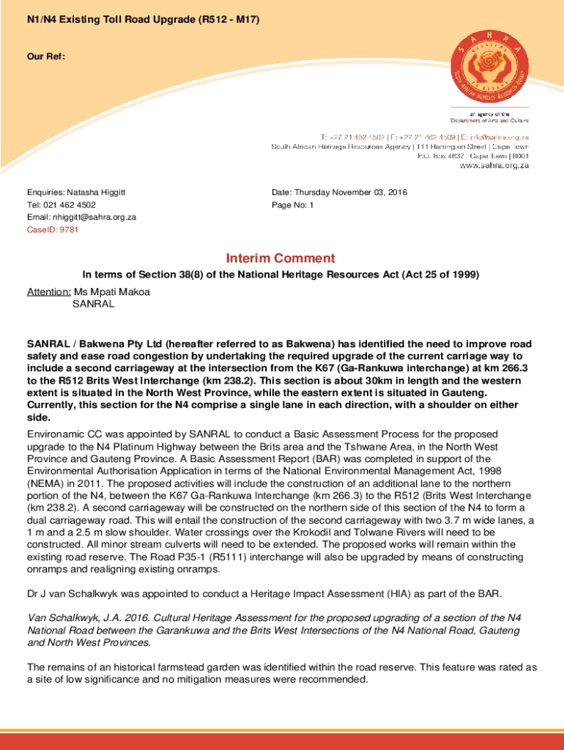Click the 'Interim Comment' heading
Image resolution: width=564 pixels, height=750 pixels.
(x=281, y=258)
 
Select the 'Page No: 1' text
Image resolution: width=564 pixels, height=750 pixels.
(x=292, y=205)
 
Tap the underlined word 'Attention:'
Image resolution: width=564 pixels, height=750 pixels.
(x=49, y=292)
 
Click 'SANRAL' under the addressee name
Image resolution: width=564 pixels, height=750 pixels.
(x=93, y=304)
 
